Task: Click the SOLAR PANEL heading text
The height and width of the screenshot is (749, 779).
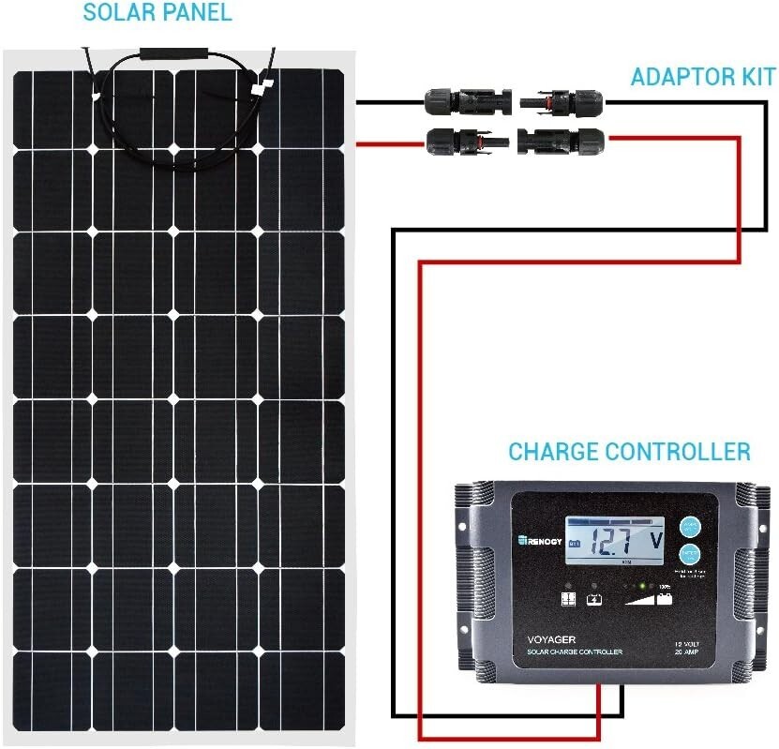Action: [x=157, y=13]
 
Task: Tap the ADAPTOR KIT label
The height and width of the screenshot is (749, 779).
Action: [x=702, y=77]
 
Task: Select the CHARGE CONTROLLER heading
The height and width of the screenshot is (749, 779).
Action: [x=629, y=452]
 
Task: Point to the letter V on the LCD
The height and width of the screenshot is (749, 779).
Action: [x=655, y=541]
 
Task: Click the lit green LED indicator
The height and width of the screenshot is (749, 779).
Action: [x=640, y=586]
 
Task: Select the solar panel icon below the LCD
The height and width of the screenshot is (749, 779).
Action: [x=569, y=598]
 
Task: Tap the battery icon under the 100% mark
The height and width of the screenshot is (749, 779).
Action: [x=665, y=598]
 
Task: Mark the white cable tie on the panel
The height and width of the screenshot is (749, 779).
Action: [x=259, y=90]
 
